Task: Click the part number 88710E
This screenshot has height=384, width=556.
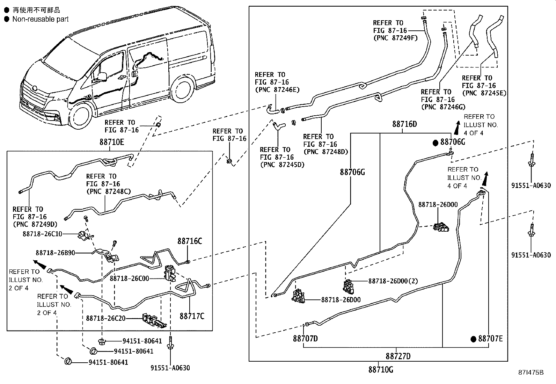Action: pyautogui.click(x=112, y=142)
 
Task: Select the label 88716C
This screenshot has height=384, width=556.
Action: pyautogui.click(x=189, y=241)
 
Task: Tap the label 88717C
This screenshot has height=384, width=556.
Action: pyautogui.click(x=192, y=316)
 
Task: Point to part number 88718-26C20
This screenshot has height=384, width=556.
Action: pyautogui.click(x=106, y=318)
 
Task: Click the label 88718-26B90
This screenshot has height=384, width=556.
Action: pyautogui.click(x=55, y=253)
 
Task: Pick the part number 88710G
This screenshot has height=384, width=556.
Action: pyautogui.click(x=380, y=369)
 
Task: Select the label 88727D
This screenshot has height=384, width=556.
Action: pyautogui.click(x=398, y=356)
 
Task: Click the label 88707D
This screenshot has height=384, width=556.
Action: pyautogui.click(x=305, y=339)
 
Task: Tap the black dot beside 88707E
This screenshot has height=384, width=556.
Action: pyautogui.click(x=473, y=339)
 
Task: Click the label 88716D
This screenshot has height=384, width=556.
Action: pyautogui.click(x=404, y=124)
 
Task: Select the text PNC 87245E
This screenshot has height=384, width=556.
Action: pyautogui.click(x=484, y=93)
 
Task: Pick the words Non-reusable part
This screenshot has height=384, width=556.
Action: pyautogui.click(x=40, y=19)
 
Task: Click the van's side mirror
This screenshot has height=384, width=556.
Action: pyautogui.click(x=102, y=77)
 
